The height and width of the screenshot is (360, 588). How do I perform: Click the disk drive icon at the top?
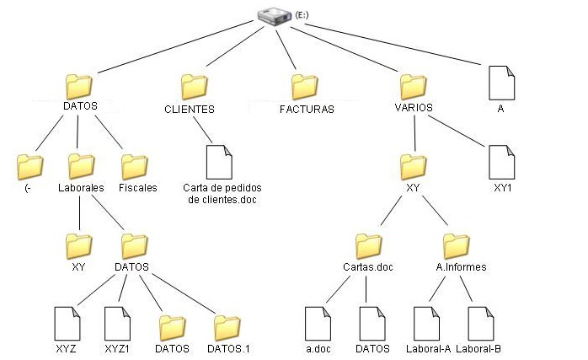tap(274, 16)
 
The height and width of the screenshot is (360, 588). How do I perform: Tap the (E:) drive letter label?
tap(302, 15)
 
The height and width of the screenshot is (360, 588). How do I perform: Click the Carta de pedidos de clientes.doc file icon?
tap(218, 162)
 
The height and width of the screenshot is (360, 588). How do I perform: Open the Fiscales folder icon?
tap(134, 164)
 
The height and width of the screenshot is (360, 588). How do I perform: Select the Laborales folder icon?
tap(81, 164)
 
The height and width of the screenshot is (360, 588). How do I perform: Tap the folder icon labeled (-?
tap(29, 164)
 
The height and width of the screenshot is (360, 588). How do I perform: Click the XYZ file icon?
tap(66, 323)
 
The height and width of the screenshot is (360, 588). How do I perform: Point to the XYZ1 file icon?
tap(116, 323)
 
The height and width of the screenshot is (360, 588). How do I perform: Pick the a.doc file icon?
tap(316, 323)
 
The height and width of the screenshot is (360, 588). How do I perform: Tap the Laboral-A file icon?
tap(428, 323)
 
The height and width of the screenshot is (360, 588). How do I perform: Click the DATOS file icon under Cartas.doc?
tap(372, 323)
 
